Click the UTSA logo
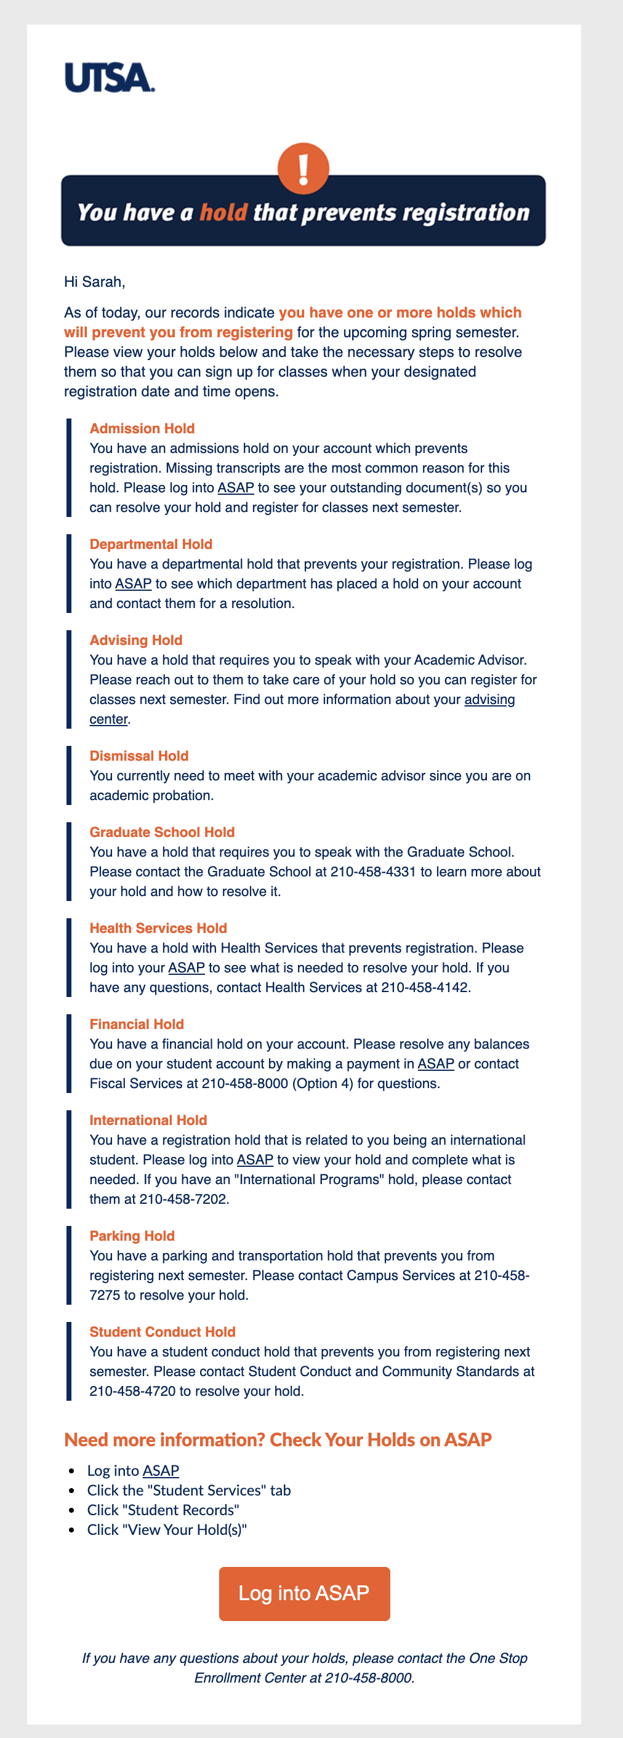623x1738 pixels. point(110,78)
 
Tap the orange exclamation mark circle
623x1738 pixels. point(303,167)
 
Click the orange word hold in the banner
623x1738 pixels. point(223,213)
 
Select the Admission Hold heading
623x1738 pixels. point(142,428)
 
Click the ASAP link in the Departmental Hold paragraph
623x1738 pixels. point(133,583)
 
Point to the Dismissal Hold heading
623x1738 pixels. point(139,756)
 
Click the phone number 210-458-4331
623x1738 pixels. point(372,871)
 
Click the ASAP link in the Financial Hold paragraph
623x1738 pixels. point(435,1064)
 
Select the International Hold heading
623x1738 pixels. point(148,1120)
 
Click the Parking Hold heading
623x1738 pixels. point(132,1236)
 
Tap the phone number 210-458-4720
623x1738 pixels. point(132,1392)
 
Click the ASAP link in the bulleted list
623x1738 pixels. point(161,1471)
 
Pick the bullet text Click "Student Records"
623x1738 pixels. point(163,1510)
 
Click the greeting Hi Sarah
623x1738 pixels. point(94,282)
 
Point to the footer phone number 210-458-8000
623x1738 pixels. point(369,1678)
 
